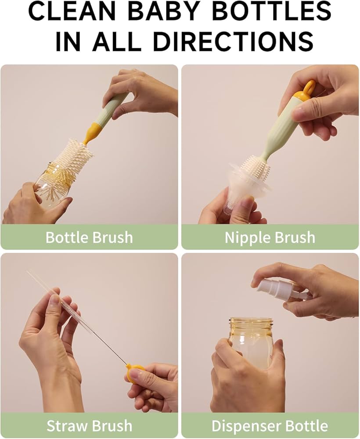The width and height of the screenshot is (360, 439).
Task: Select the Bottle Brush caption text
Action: click(x=89, y=237)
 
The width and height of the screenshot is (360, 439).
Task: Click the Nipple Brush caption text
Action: click(x=270, y=237)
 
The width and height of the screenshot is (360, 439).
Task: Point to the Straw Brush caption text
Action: click(x=89, y=426)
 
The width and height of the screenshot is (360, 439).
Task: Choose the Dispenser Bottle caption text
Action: click(x=270, y=426)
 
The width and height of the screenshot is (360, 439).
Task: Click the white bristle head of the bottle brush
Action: click(x=73, y=159)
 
